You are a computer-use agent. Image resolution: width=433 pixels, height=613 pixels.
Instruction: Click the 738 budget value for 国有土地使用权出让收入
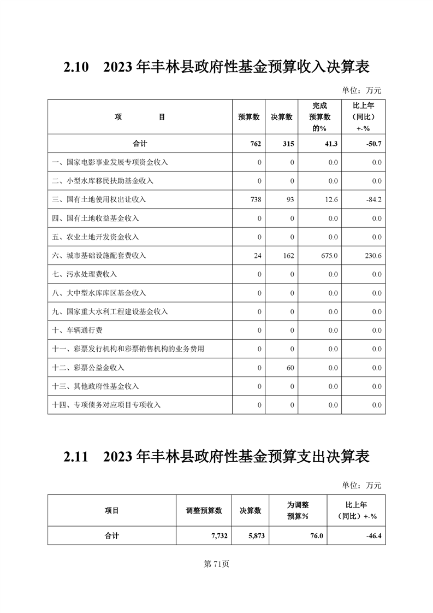pyautogui.click(x=255, y=200)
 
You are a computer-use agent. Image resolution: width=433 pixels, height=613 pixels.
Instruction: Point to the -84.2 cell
pyautogui.click(x=373, y=200)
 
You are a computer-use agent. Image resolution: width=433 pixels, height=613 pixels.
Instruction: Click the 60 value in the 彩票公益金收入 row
pyautogui.click(x=290, y=368)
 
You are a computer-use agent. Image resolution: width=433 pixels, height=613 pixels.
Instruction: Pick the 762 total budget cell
pyautogui.click(x=254, y=144)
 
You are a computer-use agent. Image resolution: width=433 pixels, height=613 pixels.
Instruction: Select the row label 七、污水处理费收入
pyautogui.click(x=85, y=274)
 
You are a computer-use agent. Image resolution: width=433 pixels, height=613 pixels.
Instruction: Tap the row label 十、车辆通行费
pyautogui.click(x=77, y=331)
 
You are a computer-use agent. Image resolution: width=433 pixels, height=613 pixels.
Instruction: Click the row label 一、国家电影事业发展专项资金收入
pyautogui.click(x=110, y=162)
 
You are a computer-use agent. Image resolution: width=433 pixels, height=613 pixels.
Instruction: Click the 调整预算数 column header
pyautogui.click(x=204, y=511)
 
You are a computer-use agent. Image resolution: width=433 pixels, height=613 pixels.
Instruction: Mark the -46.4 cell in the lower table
pyautogui.click(x=373, y=536)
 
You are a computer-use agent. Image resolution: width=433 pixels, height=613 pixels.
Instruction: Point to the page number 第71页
pyautogui.click(x=216, y=564)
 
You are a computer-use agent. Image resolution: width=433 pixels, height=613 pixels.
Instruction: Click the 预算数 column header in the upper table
pyautogui.click(x=249, y=117)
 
